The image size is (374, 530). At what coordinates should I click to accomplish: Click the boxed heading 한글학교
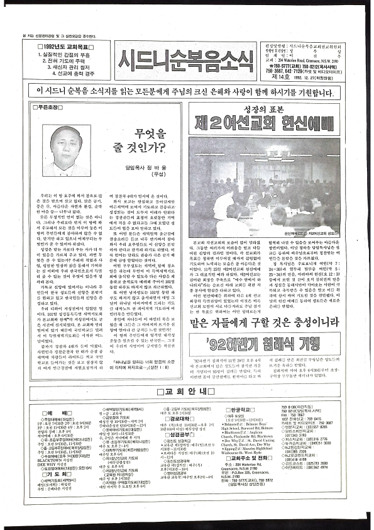tap(238, 410)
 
